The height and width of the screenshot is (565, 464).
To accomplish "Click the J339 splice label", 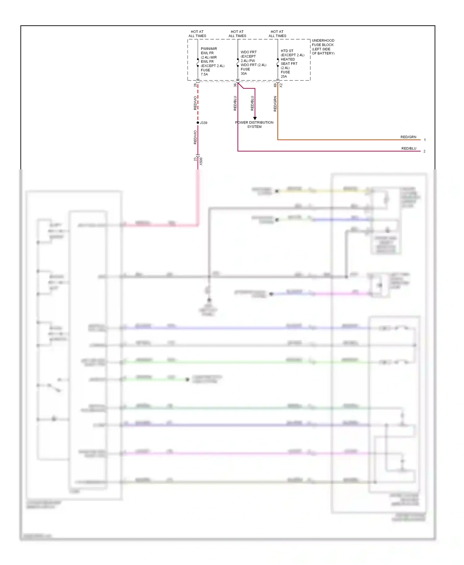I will pos(204,123).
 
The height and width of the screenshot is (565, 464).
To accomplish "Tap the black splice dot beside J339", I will pos(198,123).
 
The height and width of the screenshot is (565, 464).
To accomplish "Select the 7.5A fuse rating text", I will pos(204,74).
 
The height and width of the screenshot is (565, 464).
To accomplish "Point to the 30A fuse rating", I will pos(244,74).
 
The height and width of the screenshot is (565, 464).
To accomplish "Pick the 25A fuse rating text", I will pos(284,76).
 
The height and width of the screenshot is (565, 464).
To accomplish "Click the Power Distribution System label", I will pos(254,125).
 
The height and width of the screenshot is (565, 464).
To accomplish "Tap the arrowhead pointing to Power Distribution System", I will pos(255,118).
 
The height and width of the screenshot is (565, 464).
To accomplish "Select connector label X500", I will pos(201,161).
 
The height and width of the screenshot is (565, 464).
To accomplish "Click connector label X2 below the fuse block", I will pos(281,85).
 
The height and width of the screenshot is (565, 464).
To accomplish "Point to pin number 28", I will pos(195,85).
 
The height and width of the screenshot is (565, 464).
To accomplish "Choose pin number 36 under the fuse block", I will pos(235,85).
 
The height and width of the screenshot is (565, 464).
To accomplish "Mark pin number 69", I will pos(275,85).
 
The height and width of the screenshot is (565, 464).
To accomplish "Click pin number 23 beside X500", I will pos(195,159).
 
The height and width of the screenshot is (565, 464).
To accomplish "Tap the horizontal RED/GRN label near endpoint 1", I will pos(408,137).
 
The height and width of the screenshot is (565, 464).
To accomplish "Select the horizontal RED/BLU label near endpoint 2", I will pos(409,148).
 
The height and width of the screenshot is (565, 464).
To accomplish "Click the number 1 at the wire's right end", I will pos(425,140).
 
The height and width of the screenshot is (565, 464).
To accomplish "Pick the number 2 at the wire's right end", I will pos(424,151).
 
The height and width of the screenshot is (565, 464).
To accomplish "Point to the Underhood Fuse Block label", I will pos(323,47).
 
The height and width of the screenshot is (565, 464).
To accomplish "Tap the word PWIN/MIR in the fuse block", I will pos(209,49).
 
